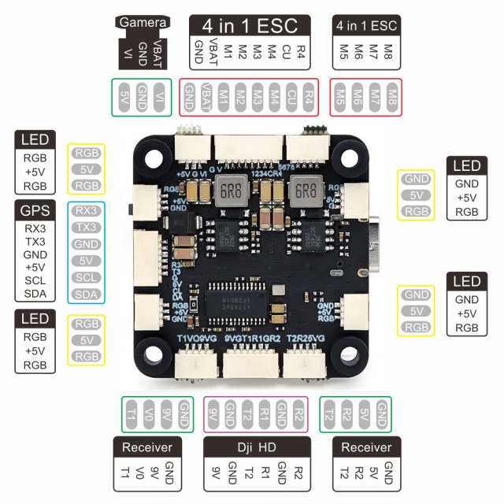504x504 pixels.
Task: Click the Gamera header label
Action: [143, 23]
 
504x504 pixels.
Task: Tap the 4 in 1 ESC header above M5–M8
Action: [365, 25]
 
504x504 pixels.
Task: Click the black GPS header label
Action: [34, 210]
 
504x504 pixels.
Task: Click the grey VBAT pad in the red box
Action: [207, 97]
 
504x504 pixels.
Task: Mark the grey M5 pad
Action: [341, 97]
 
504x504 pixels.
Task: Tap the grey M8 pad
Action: [391, 97]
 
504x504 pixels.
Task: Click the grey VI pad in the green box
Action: [160, 97]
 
